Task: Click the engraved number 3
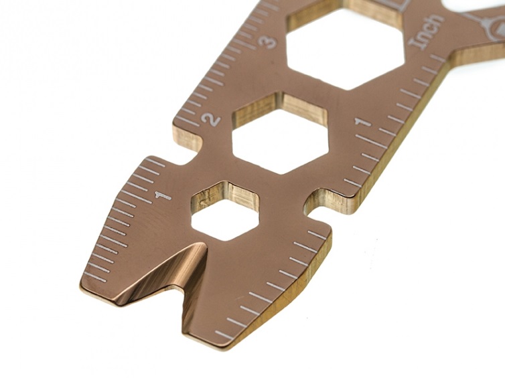pyautogui.click(x=269, y=42)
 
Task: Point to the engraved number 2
pyautogui.click(x=211, y=119)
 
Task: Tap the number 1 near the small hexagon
pyautogui.click(x=163, y=195)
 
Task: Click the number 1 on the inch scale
pyautogui.click(x=363, y=122)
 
